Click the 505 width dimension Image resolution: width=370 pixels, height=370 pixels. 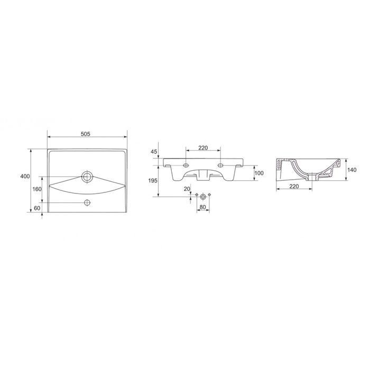pos(86,134)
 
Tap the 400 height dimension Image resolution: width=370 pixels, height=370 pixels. pos(25,176)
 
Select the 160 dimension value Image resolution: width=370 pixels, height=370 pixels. pos(37,189)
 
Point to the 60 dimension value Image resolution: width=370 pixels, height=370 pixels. pos(37,208)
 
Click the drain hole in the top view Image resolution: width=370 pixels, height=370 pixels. pos(87,177)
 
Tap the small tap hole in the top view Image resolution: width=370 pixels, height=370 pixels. pos(87,202)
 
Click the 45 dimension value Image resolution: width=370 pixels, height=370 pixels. pos(154,152)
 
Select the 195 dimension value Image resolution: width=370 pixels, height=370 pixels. pos(153,181)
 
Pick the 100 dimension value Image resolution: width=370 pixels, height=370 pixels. pos(259,173)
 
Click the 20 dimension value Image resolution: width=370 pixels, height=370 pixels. pos(187,189)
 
